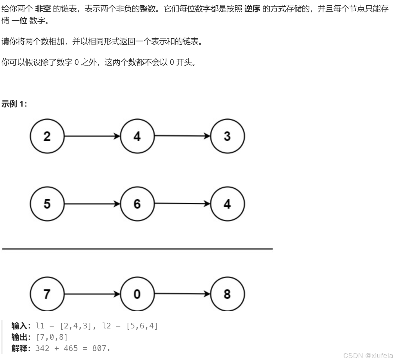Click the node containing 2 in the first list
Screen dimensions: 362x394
coord(47,136)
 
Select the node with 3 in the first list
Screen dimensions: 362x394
coord(227,136)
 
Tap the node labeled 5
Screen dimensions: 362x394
coord(47,204)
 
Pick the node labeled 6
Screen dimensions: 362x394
coord(137,204)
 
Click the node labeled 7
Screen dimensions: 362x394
coord(47,294)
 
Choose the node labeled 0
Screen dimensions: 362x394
coord(137,294)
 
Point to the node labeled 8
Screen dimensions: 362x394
coord(227,294)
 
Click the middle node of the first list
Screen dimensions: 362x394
coord(137,136)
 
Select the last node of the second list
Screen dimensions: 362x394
coord(227,204)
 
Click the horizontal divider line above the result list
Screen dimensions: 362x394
coord(137,249)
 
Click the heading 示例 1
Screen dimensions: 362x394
coord(14,104)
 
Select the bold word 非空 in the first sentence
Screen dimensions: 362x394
coord(43,9)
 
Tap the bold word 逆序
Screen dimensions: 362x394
coord(252,9)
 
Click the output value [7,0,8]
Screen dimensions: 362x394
coord(52,337)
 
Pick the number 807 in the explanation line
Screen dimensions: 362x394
coord(99,348)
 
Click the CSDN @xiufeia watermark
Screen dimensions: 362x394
coord(368,356)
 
